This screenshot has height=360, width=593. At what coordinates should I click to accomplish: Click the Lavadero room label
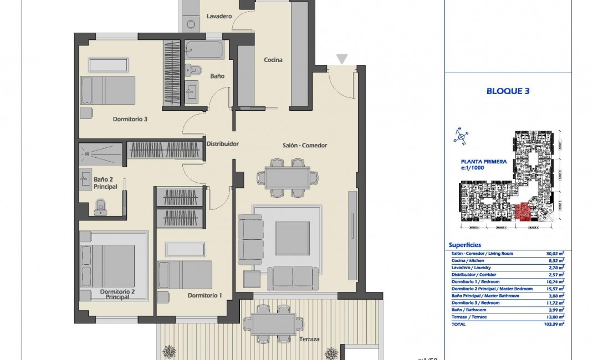click(x=219, y=17)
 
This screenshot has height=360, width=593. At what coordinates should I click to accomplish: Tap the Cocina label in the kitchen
click(x=273, y=60)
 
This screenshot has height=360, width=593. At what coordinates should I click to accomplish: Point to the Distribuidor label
click(x=222, y=144)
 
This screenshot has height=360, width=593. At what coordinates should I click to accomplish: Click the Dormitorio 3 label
click(x=130, y=119)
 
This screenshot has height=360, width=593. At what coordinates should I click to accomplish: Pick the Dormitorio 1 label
click(x=205, y=295)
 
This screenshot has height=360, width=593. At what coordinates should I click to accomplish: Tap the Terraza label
click(x=309, y=339)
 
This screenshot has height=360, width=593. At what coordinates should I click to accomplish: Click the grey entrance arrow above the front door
click(x=342, y=59)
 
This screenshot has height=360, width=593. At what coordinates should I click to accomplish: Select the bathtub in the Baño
click(x=203, y=50)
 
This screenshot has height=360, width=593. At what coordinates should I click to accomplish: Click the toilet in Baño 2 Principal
click(x=100, y=208)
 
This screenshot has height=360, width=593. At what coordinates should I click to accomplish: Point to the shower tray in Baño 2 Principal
click(x=100, y=155)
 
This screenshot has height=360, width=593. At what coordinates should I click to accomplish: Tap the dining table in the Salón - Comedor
click(x=287, y=178)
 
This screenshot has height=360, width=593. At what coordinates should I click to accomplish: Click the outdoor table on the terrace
click(x=269, y=321)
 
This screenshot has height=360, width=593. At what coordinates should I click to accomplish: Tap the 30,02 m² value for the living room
click(x=555, y=254)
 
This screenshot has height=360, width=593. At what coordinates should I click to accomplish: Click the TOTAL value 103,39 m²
click(x=554, y=325)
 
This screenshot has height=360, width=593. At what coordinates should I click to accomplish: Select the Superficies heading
click(x=464, y=245)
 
